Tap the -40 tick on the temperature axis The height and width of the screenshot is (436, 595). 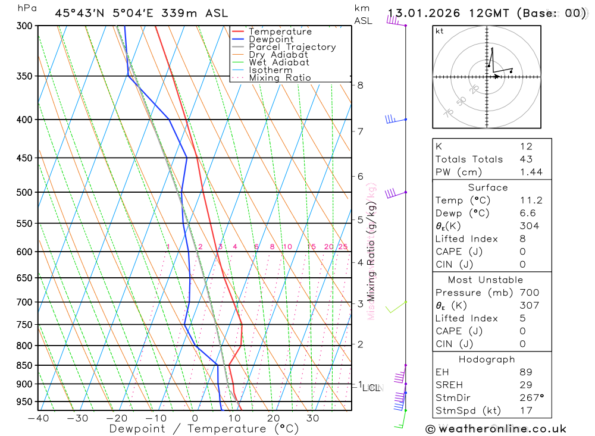click(x=38, y=418)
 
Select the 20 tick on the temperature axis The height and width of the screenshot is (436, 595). click(x=274, y=418)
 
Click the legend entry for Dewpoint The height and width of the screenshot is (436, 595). click(x=271, y=39)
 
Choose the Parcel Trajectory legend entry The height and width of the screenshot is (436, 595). click(x=292, y=47)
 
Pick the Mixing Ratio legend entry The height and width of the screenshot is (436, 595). click(x=280, y=78)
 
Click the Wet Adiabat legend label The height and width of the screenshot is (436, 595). click(x=279, y=62)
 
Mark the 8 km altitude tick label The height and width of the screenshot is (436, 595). click(x=361, y=85)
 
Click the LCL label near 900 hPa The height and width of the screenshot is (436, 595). click(x=371, y=388)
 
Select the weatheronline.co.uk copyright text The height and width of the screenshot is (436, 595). click(x=496, y=429)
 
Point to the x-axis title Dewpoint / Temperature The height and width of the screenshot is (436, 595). click(x=203, y=429)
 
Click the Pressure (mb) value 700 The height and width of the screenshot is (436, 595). click(x=528, y=293)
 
